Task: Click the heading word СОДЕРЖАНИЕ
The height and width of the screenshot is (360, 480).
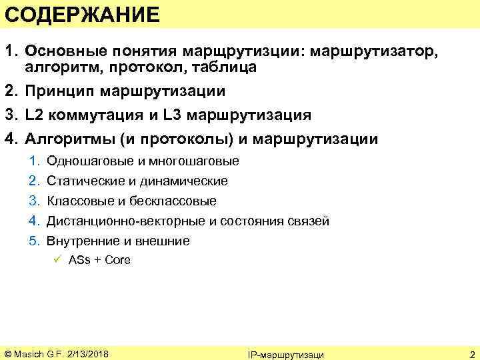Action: click(x=81, y=15)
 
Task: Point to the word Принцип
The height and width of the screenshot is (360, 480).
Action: click(x=57, y=91)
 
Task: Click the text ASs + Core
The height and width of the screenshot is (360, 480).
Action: click(x=99, y=260)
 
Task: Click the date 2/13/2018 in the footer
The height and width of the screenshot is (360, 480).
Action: click(x=89, y=353)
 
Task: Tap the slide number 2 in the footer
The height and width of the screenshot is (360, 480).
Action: click(x=471, y=353)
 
